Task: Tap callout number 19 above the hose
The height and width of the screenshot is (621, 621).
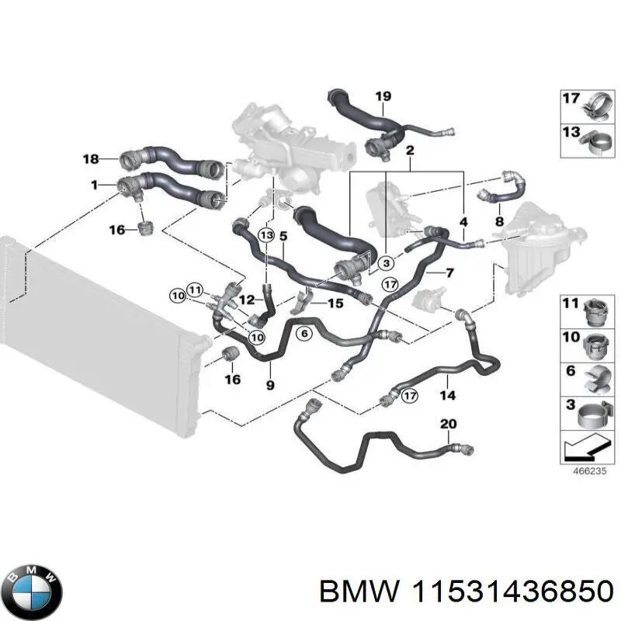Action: coord(383,97)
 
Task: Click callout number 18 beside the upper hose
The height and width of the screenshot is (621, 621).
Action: coord(91,159)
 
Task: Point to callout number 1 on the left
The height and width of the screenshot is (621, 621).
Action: coord(94,185)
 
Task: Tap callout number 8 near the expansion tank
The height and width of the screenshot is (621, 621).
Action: coord(499,221)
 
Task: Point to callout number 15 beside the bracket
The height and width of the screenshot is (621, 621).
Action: coord(335,303)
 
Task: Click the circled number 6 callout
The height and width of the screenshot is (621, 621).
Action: coord(304,333)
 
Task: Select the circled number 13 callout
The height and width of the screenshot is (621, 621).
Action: coord(266,234)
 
